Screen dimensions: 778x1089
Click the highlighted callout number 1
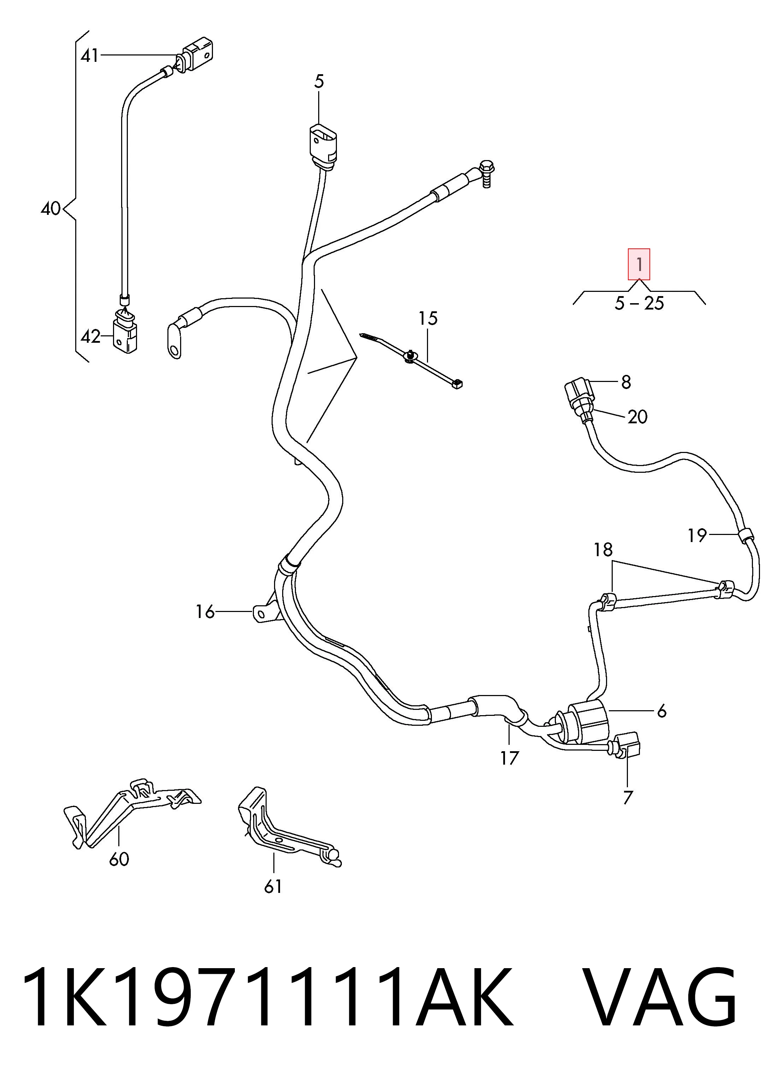pos(639,264)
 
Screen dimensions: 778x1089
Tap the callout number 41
pos(90,56)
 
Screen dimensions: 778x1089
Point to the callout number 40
pos(51,209)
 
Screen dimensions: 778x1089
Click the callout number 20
pos(638,417)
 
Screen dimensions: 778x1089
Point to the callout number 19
pos(697,535)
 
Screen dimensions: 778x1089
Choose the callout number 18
pos(603,550)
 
